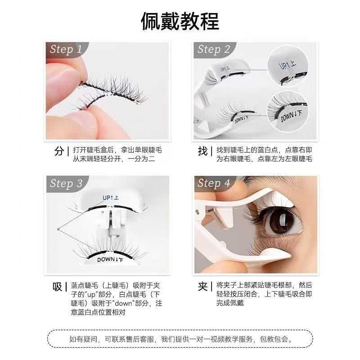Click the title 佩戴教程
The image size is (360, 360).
(x=180, y=21)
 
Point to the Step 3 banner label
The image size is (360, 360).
(x=66, y=183)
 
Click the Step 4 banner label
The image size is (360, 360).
(x=214, y=183)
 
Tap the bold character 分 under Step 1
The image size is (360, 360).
(x=59, y=151)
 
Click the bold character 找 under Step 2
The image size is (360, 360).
(x=202, y=151)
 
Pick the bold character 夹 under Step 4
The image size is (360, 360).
(x=202, y=287)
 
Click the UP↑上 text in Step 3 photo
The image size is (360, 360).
(x=110, y=198)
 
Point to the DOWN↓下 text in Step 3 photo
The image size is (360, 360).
(x=111, y=259)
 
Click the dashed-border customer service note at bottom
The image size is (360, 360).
(x=180, y=338)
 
